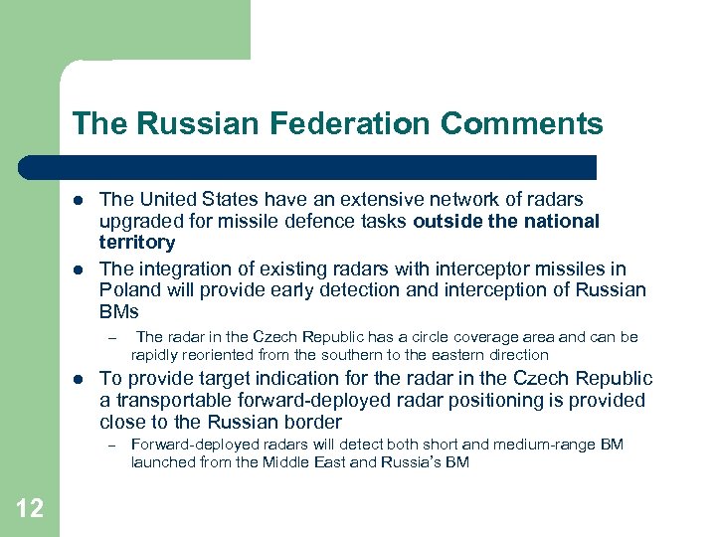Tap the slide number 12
[30, 508]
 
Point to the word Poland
[129, 290]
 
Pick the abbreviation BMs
[120, 312]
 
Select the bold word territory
[137, 243]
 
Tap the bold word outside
[446, 221]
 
